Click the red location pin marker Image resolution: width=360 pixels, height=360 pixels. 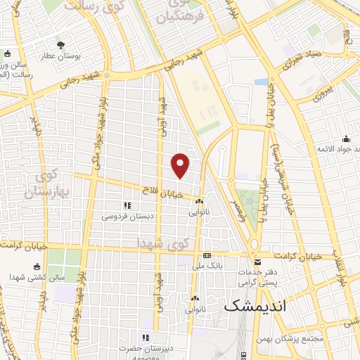[181, 165]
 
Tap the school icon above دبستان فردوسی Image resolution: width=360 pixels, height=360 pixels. [127, 205]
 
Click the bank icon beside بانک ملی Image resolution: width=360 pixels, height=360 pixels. [207, 256]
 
